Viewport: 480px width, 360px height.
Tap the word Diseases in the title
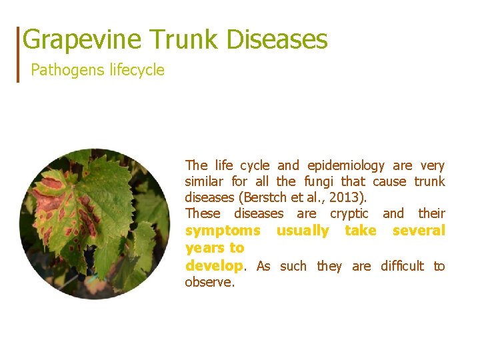pyautogui.click(x=277, y=40)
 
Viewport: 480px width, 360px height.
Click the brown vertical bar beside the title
pyautogui.click(x=19, y=54)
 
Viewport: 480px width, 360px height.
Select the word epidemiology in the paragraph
pyautogui.click(x=346, y=165)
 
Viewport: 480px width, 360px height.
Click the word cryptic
pyautogui.click(x=349, y=213)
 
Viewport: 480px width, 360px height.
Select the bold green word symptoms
pyautogui.click(x=223, y=231)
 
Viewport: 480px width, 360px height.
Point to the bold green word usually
pyautogui.click(x=302, y=231)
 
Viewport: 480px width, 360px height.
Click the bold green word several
pyautogui.click(x=419, y=231)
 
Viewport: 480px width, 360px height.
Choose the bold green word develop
pyautogui.click(x=213, y=266)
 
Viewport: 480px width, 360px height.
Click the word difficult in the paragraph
pyautogui.click(x=402, y=266)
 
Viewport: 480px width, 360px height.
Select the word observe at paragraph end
pyautogui.click(x=209, y=282)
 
